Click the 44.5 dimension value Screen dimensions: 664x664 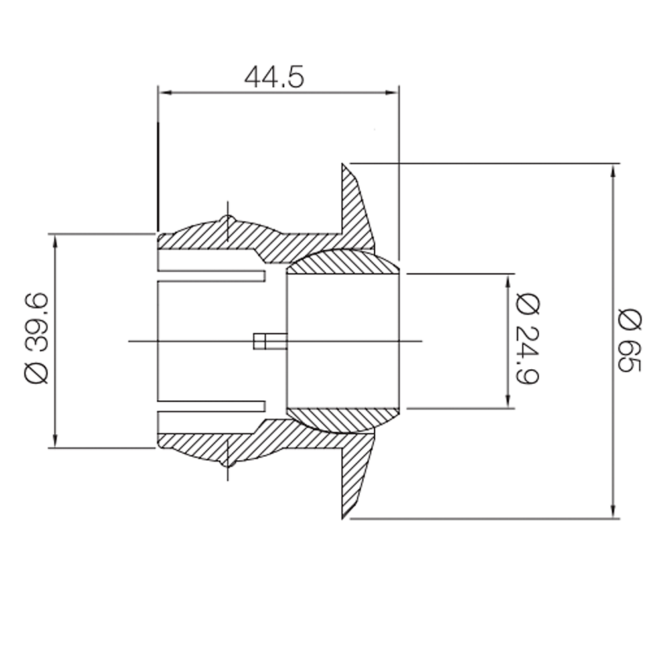[274, 77]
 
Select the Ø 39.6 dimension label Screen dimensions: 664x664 [37, 339]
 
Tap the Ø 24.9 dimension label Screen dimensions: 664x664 [528, 339]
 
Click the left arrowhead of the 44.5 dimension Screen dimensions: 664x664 [165, 93]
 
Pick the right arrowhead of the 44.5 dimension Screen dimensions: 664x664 [392, 93]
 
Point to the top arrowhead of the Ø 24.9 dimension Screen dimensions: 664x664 [508, 280]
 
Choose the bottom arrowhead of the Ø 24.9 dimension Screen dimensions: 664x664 [508, 401]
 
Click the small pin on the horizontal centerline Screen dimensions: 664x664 [270, 341]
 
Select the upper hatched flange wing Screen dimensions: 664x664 [356, 206]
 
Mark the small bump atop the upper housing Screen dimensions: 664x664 [227, 218]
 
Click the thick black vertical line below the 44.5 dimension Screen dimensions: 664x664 [158, 176]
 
